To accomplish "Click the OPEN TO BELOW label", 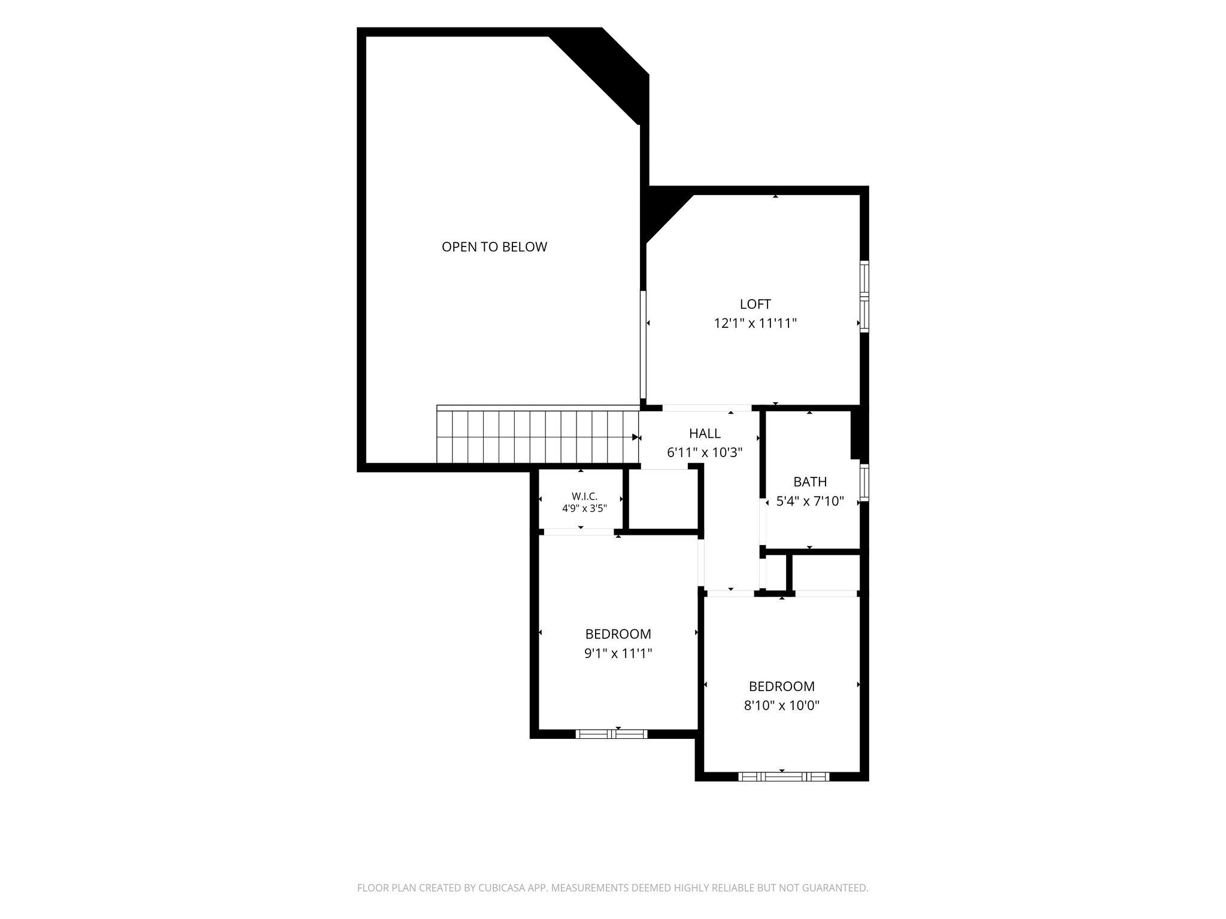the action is pos(494,247).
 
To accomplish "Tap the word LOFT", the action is pos(755,304).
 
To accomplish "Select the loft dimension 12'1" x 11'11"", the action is pos(755,324).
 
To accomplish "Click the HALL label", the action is pos(705,433).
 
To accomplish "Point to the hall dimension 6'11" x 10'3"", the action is pos(705,452).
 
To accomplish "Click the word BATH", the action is pos(810,482).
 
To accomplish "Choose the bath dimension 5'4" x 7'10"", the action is pos(810,501).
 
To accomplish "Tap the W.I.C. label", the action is pos(584,497).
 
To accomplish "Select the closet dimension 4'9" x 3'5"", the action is pos(584,509).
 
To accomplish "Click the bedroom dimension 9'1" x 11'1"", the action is pos(618,653).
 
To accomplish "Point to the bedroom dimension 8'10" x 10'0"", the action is pos(782,705).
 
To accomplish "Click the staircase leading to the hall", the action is pos(538,436).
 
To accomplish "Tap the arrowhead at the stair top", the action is pos(636,437).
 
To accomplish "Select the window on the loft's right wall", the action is pos(864,296).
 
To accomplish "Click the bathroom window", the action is pos(864,482).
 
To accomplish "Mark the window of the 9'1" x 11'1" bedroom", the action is pos(611,734).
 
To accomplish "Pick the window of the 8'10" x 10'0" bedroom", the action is pos(784,777).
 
